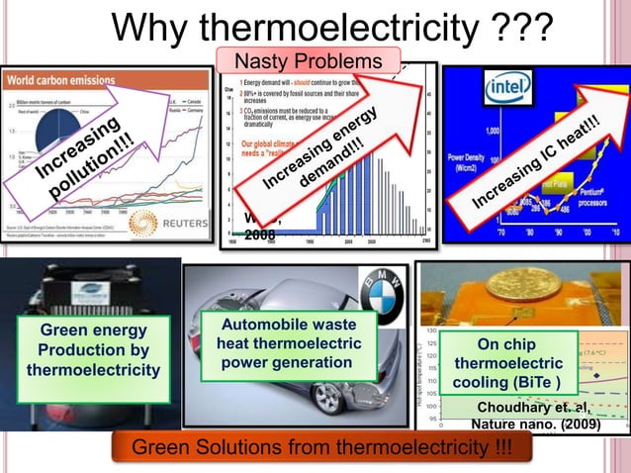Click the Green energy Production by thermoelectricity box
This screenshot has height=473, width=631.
(93, 349)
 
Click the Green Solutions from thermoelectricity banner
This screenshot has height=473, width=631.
(320, 449)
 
